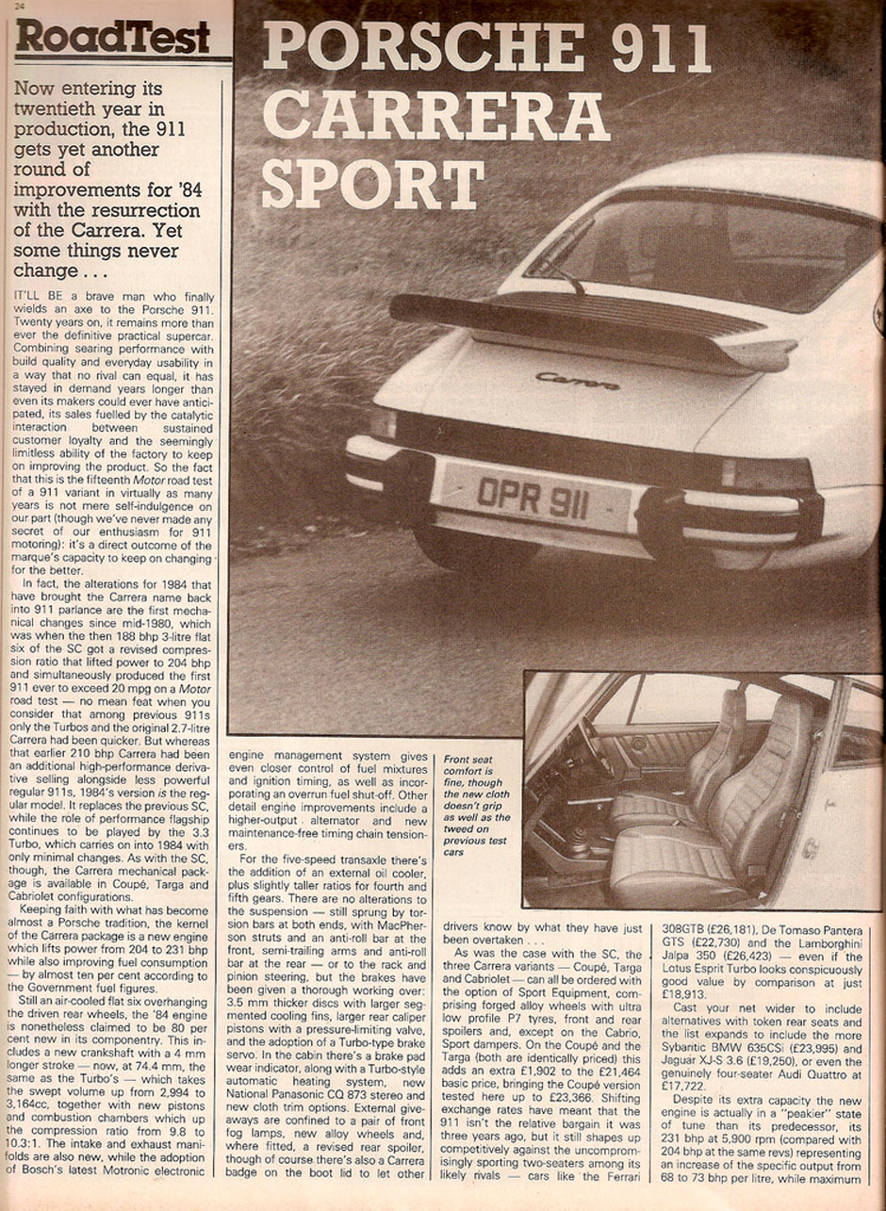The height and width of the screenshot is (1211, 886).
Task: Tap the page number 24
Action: (x=20, y=6)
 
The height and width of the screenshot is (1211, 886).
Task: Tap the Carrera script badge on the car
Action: (x=578, y=381)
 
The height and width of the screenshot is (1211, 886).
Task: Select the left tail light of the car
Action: (x=383, y=421)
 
